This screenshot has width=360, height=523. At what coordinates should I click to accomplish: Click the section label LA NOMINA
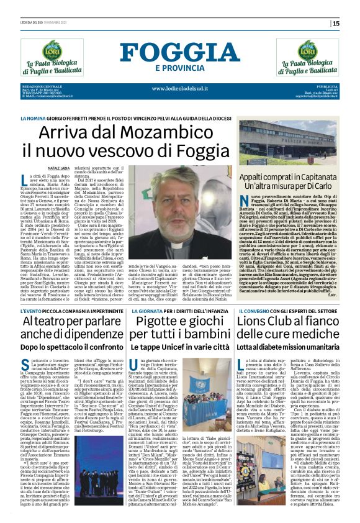[x=32, y=117]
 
